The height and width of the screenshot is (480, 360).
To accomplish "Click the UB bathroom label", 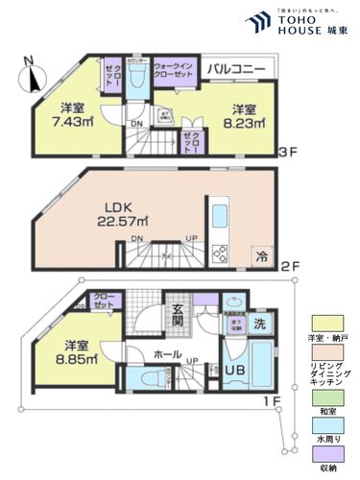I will pos(236,371).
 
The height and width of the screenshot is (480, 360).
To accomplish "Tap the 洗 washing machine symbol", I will pos(259,324).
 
